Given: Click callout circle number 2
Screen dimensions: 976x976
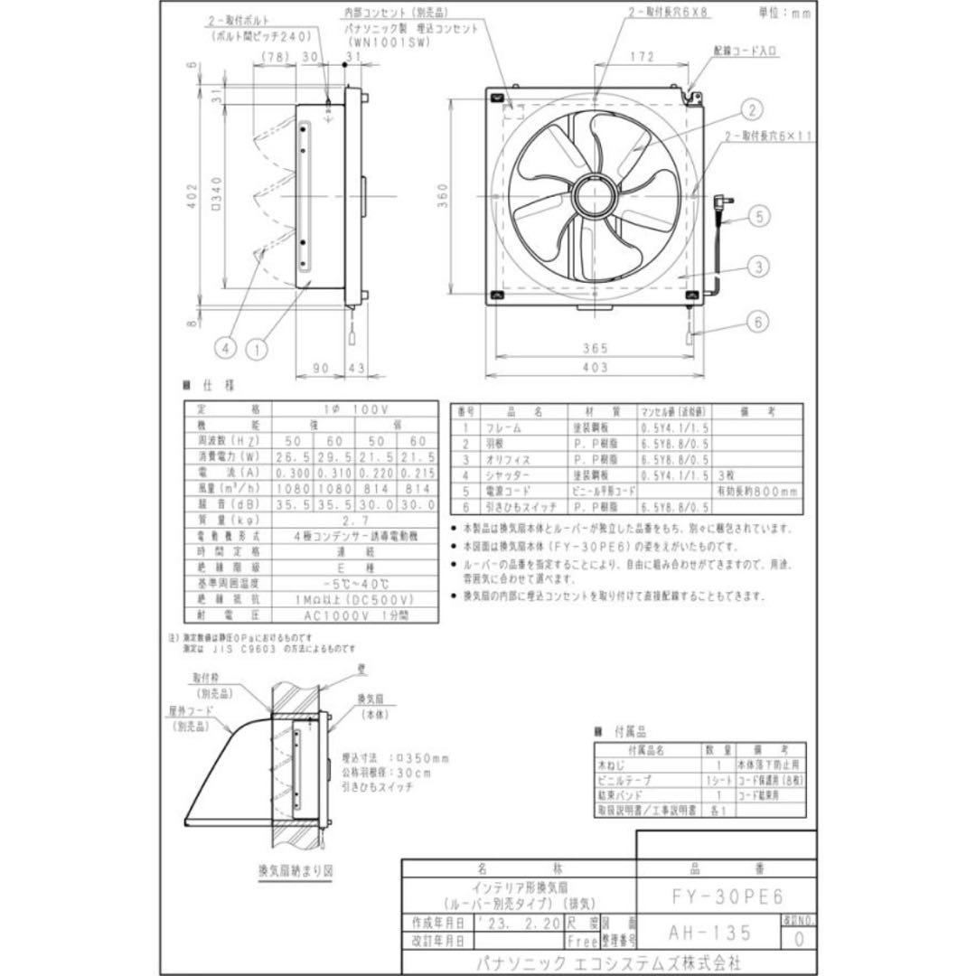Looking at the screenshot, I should coord(750,111).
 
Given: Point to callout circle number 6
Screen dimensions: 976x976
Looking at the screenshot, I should coord(759,321).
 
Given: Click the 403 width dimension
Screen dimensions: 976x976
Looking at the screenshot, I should coord(594,368).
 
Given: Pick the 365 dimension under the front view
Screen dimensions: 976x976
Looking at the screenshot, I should coord(594,347).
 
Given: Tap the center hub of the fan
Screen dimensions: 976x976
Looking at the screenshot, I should coord(594,196).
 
